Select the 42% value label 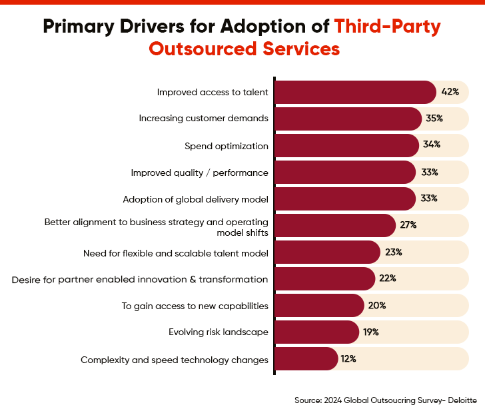tap(450, 92)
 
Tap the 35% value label tap(434, 119)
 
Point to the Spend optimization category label tap(227, 146)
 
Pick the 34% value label tap(432, 145)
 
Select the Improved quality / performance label tap(200, 173)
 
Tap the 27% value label tap(408, 225)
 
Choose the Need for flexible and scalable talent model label tap(176, 253)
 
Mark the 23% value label tap(394, 252)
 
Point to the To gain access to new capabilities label tap(195, 306)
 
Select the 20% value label tap(377, 306)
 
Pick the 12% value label tap(348, 359)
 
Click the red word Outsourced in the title tap(207, 49)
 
